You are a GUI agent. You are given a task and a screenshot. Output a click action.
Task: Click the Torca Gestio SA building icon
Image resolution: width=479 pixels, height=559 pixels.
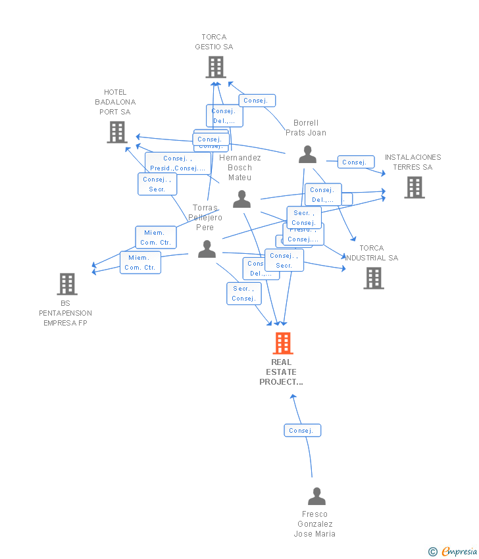[x=216, y=67]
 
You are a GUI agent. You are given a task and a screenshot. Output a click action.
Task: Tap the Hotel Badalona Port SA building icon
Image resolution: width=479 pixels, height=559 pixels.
[x=117, y=132]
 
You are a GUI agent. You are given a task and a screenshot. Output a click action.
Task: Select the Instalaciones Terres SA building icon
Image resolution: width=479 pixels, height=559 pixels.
[x=414, y=187]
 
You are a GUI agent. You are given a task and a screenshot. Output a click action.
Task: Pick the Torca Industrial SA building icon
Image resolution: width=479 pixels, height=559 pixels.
[x=374, y=278]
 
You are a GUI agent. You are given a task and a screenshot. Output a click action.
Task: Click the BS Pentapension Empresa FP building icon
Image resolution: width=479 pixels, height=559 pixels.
[x=67, y=284]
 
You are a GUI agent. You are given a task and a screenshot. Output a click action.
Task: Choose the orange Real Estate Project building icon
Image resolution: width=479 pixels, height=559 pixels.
[x=282, y=343]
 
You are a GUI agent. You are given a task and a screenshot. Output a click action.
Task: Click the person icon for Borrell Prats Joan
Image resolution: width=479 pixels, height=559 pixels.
[x=307, y=155]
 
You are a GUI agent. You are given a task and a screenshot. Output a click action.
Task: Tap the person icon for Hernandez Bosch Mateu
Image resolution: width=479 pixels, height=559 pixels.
[x=242, y=199]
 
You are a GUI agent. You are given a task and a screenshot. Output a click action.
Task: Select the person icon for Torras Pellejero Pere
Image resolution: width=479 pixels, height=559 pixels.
[x=207, y=249]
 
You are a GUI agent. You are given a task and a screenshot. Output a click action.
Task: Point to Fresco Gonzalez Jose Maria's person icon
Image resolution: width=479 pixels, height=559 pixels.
[x=316, y=497]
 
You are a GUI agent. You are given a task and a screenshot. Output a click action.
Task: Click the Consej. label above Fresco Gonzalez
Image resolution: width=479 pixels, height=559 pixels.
[x=302, y=431]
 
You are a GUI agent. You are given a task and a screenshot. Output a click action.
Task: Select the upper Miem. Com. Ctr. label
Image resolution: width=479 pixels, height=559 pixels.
[x=156, y=237]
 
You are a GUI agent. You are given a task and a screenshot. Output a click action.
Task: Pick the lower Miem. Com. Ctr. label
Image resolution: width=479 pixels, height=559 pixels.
[x=140, y=262]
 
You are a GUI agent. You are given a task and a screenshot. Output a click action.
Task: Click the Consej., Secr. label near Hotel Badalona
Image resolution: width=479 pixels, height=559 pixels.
[x=157, y=184]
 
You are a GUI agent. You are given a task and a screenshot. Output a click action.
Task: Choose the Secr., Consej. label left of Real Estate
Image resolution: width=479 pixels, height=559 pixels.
[x=243, y=293]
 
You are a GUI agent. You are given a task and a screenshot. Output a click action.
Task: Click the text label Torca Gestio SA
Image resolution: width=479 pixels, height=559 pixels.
[x=214, y=42]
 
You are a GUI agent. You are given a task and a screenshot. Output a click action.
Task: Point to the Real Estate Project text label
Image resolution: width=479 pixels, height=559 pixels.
[x=282, y=372]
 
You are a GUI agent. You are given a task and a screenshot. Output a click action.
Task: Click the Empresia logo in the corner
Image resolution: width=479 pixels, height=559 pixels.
[x=453, y=551]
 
